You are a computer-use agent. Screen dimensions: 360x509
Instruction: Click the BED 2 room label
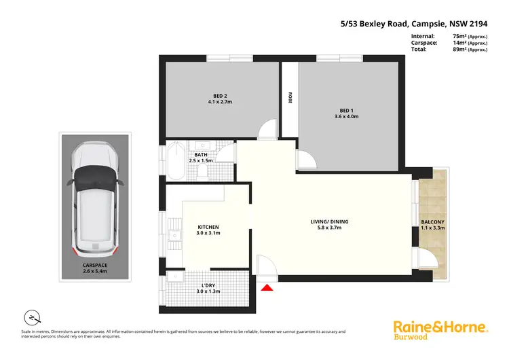220,95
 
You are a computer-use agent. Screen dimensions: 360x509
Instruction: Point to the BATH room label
201,154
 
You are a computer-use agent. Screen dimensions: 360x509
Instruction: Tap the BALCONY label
432,222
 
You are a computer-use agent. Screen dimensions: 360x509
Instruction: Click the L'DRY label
210,285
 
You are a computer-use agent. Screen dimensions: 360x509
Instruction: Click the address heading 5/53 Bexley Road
381,22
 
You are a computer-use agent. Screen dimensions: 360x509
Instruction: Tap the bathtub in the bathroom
175,160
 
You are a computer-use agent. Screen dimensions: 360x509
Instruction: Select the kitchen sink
174,236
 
